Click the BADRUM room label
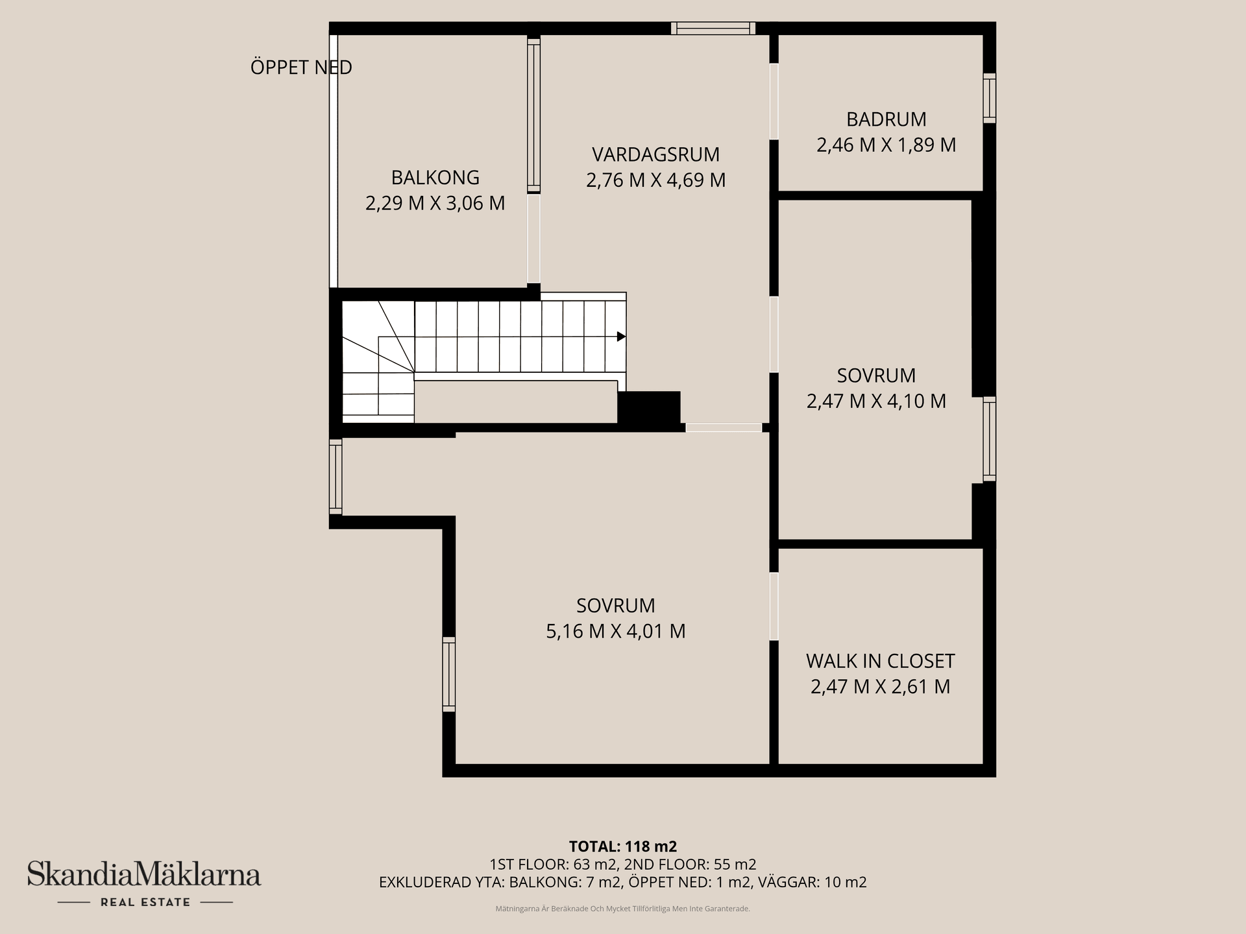(x=886, y=119)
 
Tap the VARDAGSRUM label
(x=655, y=154)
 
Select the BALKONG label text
(x=435, y=177)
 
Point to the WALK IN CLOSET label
(x=880, y=661)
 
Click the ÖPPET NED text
(x=301, y=67)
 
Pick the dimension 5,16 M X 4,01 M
(x=615, y=631)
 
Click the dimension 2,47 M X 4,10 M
(x=876, y=401)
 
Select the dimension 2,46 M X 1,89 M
(x=886, y=145)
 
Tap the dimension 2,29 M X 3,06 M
(x=435, y=203)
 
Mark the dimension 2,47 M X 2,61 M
(x=880, y=686)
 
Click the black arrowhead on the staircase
(x=621, y=337)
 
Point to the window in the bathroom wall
(x=989, y=98)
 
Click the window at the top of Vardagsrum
(x=713, y=28)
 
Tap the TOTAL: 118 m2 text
(x=622, y=846)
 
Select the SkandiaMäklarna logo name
(x=143, y=874)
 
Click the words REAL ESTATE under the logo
(x=145, y=902)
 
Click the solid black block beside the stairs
(x=648, y=407)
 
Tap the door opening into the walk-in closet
(x=774, y=606)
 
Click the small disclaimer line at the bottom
(x=622, y=909)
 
